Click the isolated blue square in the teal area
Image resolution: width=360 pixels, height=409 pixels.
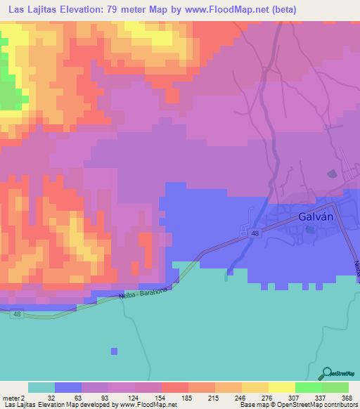click(114, 351)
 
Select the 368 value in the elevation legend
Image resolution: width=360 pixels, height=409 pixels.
click(346, 397)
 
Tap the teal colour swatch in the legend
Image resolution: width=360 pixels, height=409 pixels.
click(41, 387)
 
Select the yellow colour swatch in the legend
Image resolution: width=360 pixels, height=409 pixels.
click(281, 387)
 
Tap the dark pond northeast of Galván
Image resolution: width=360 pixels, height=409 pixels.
click(332, 174)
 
